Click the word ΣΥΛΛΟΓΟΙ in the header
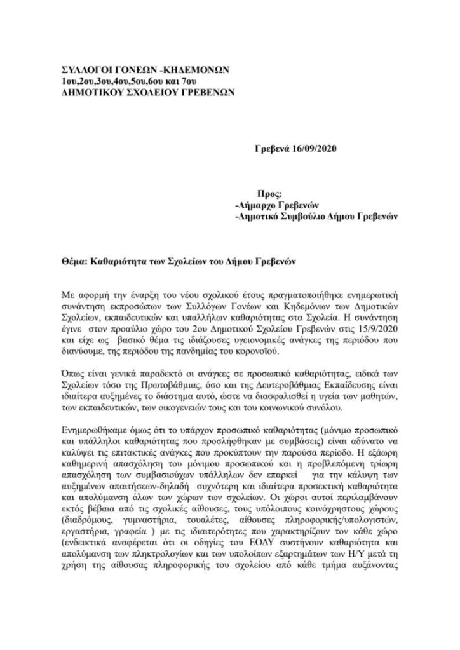point(86,69)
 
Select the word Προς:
point(269,194)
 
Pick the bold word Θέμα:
point(75,262)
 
